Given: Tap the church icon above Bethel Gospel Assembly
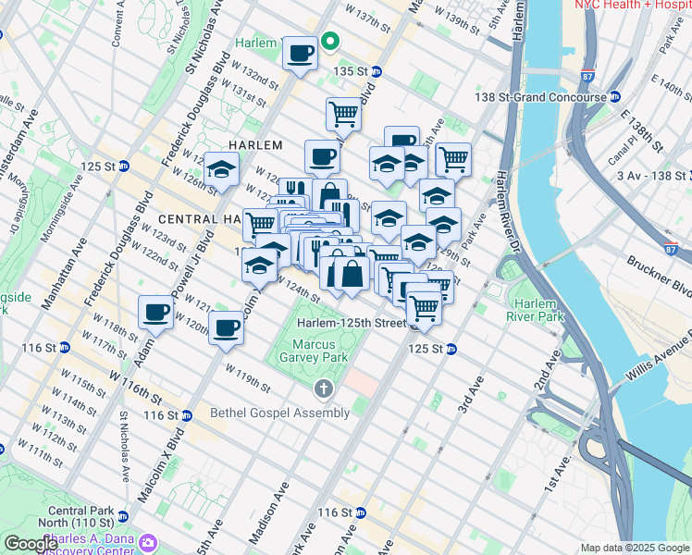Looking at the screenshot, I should pyautogui.click(x=323, y=388).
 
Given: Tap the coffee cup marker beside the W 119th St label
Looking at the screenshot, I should pyautogui.click(x=226, y=327).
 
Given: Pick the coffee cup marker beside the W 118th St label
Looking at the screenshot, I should pyautogui.click(x=155, y=311).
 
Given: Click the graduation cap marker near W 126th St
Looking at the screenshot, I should pyautogui.click(x=222, y=168).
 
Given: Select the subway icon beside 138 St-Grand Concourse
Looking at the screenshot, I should pyautogui.click(x=614, y=97).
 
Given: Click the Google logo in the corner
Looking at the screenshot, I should pyautogui.click(x=31, y=544).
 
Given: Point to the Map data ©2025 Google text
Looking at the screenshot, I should pyautogui.click(x=635, y=548).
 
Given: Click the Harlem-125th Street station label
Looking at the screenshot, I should pyautogui.click(x=352, y=324).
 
